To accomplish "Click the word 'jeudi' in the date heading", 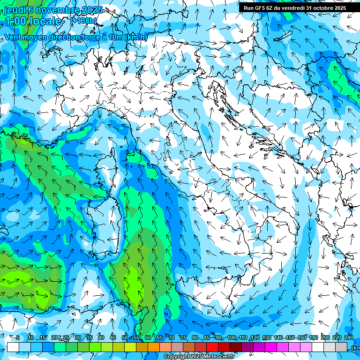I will click(15, 9).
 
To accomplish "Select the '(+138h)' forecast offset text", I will click(83, 21).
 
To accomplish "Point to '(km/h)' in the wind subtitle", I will click(136, 37).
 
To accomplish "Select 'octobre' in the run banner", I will click(322, 8).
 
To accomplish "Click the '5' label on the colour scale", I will click(18, 337).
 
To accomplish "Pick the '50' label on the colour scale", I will click(125, 337).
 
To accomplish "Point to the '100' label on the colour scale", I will click(232, 337).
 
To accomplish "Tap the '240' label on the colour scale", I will click(349, 337).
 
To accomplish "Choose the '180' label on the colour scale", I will click(314, 337).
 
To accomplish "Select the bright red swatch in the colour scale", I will click(212, 347).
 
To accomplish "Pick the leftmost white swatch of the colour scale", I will click(13, 347).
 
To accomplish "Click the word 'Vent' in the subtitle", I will click(13, 37).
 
